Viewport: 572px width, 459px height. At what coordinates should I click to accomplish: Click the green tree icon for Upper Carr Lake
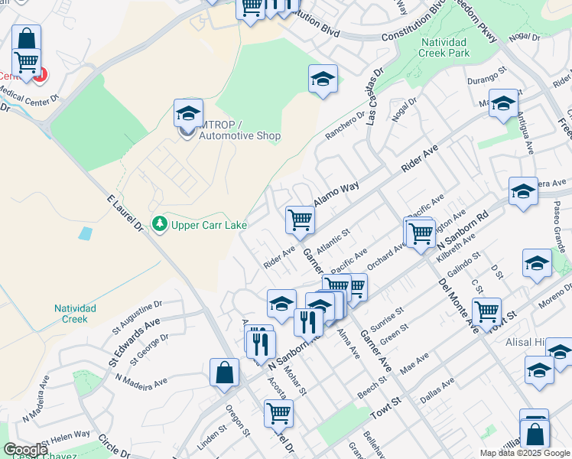tap(160, 224)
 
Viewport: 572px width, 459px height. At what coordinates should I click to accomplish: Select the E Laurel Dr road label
tap(126, 215)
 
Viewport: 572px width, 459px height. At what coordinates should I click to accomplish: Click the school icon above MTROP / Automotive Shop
tap(188, 113)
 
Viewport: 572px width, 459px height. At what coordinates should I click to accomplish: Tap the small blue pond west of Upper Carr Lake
tap(85, 232)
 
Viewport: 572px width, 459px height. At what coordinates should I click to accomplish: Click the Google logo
tap(25, 449)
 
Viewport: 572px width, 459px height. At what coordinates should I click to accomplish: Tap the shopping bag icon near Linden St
tap(224, 373)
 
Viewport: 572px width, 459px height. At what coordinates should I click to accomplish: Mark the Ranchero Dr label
tap(346, 125)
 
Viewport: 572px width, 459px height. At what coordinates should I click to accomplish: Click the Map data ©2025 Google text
tap(525, 453)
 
